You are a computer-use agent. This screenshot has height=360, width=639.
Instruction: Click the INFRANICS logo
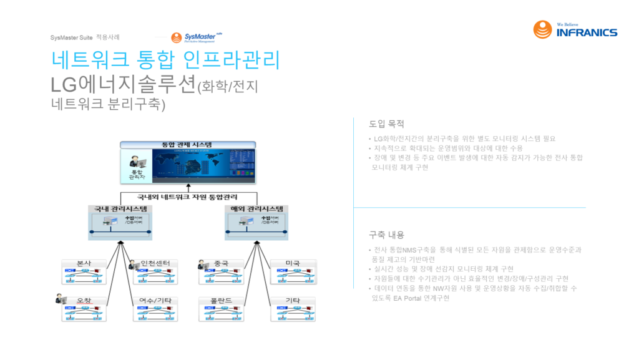point(575,29)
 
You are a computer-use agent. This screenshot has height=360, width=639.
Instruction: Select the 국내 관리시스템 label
point(121,208)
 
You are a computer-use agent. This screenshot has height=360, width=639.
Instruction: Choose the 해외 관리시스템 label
point(256,208)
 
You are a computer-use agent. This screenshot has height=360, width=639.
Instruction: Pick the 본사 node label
point(84,263)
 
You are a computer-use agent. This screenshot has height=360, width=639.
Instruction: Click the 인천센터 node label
point(155,263)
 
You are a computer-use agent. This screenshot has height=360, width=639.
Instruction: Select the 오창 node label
point(84,301)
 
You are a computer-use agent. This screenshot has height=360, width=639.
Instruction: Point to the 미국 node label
point(293,263)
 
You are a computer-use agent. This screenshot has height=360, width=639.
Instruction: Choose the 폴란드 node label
point(222,301)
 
